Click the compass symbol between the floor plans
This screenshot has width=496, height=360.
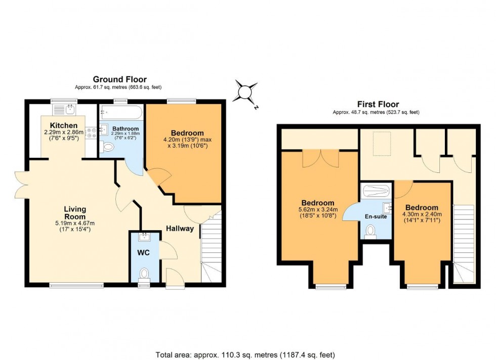(245, 93)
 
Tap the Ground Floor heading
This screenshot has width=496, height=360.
(119, 79)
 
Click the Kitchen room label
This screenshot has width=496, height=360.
(64, 125)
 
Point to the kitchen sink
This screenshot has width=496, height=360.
(64, 109)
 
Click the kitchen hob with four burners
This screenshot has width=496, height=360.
(92, 132)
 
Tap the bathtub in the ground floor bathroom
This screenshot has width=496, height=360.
(122, 112)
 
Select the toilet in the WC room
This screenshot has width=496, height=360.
(144, 274)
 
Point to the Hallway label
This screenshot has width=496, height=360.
(180, 229)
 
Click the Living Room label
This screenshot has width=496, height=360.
(75, 213)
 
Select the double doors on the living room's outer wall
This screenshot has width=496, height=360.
(21, 185)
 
